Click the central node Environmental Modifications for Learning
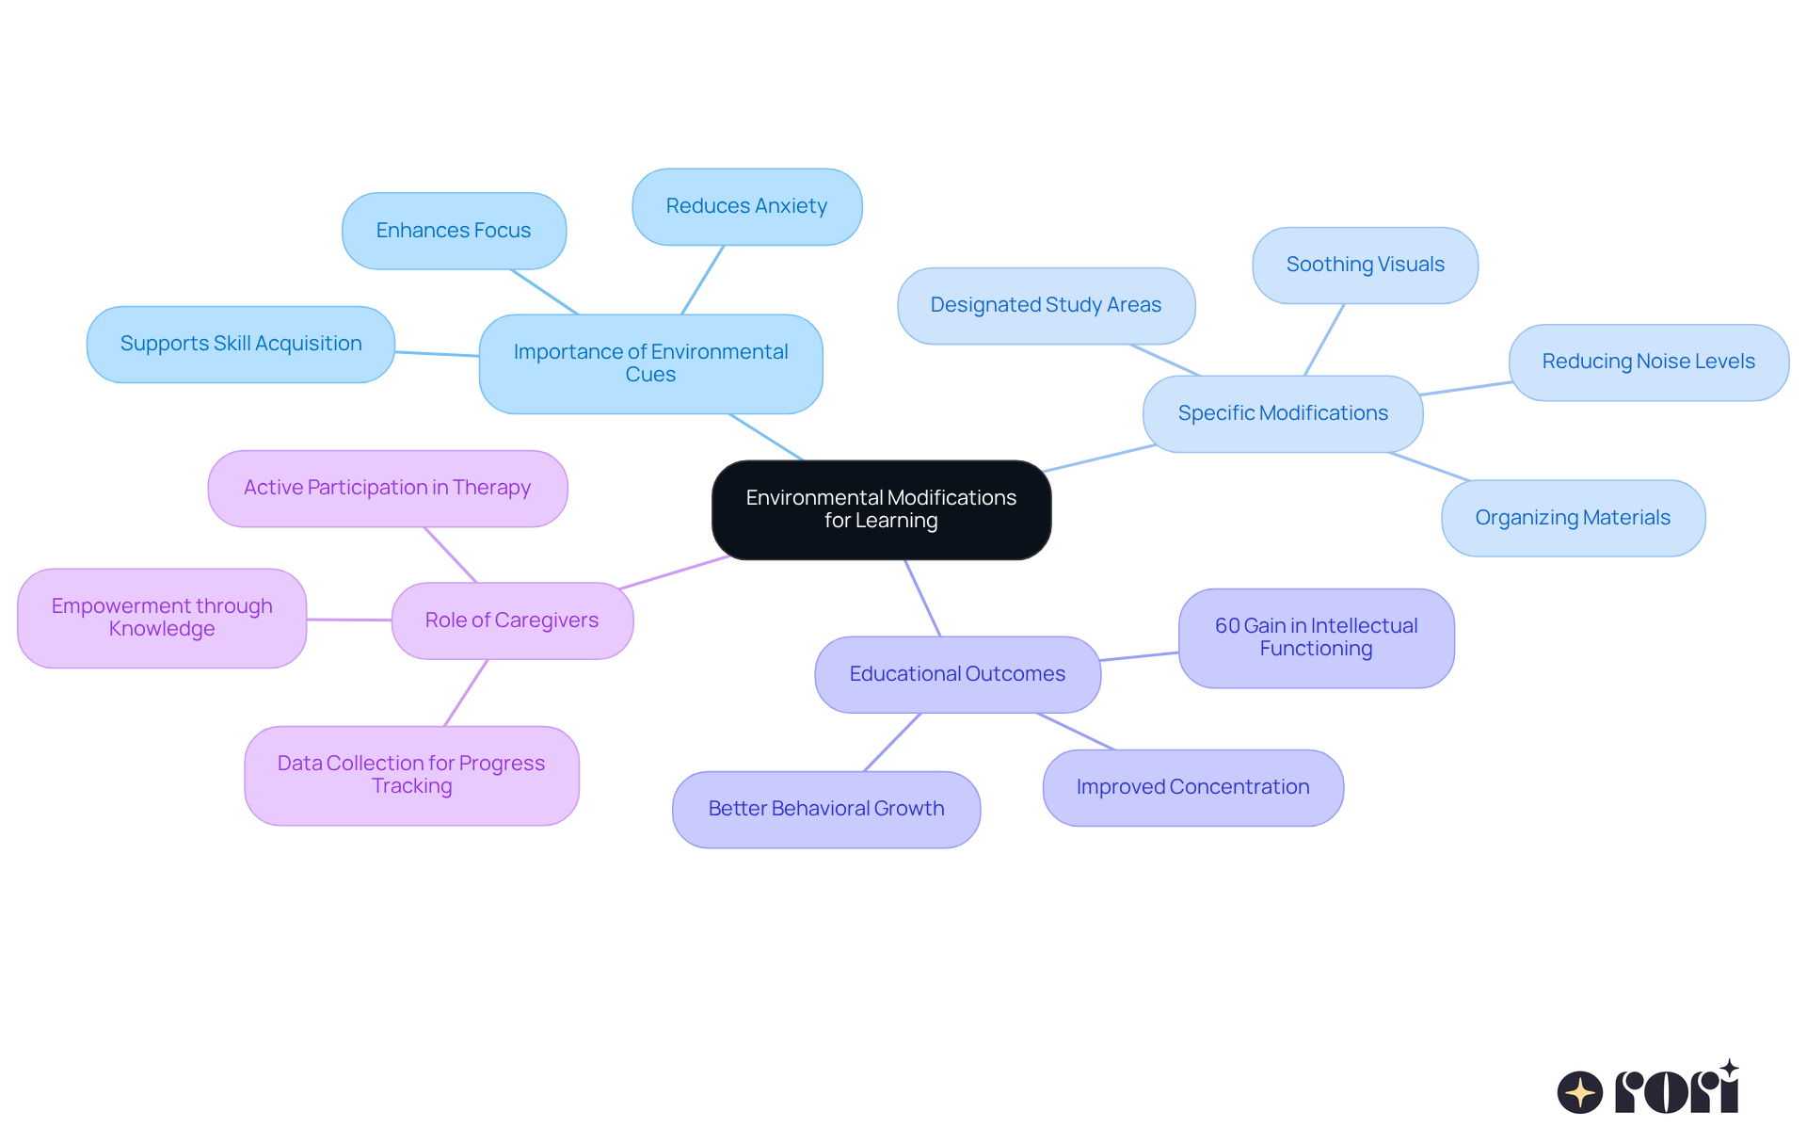881,509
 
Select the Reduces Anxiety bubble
746,206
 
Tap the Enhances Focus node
454,231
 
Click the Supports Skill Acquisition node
241,344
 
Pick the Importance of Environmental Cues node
650,363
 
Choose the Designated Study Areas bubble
1046,305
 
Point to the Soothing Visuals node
1365,265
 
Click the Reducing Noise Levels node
1648,362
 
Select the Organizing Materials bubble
1573,518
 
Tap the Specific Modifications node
1283,413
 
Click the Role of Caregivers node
512,620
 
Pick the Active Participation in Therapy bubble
387,488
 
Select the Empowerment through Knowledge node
162,618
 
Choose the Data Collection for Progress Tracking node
411,775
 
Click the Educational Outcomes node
957,674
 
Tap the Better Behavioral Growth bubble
825,809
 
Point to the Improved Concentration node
1192,787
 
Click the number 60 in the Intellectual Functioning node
1227,626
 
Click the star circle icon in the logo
1579,1092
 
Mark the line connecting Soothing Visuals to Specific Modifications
1324,340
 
